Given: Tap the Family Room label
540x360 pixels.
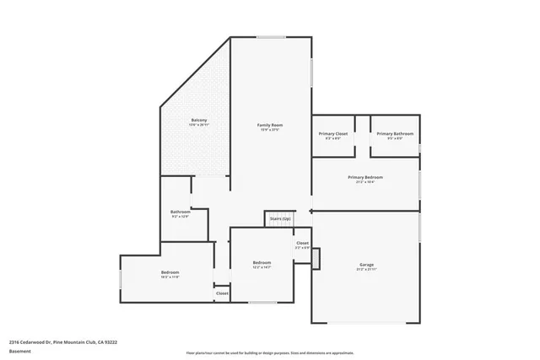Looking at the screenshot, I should (270, 125).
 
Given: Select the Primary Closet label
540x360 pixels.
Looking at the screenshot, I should (333, 134).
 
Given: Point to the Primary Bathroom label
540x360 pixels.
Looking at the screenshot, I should (394, 134).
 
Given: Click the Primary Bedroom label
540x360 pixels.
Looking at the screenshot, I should (365, 177).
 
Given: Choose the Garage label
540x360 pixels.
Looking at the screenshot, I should (366, 265).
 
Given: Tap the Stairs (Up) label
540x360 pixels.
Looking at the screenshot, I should (280, 218).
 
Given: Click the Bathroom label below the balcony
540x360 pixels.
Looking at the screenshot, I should (180, 212).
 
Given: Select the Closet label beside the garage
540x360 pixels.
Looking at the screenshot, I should (302, 243).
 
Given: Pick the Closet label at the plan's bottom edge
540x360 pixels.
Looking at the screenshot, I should (222, 293).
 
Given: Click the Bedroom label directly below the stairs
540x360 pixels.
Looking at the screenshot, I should (262, 262).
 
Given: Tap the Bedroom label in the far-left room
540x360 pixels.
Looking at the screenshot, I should (170, 272).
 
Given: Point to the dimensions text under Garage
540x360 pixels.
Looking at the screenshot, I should (366, 271).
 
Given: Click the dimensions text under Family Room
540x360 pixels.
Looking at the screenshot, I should (270, 131).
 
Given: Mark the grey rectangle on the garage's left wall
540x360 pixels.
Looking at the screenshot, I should (316, 259).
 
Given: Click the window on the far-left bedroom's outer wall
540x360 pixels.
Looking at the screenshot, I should (121, 277).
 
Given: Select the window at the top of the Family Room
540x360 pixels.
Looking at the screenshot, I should (271, 37).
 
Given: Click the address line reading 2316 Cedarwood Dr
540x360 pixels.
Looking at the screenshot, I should (62, 342).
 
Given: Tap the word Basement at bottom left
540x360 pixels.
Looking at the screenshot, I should (19, 350).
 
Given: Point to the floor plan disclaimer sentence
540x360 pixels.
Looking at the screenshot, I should (270, 354).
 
